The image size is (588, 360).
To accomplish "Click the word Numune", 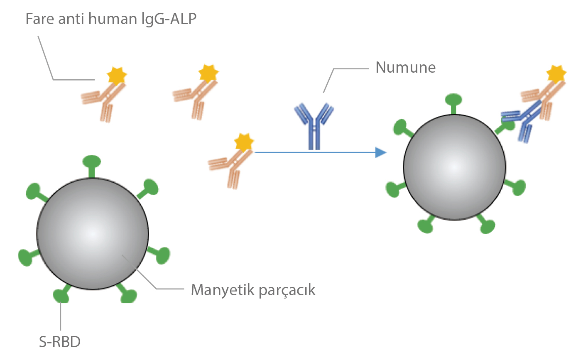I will (405, 67).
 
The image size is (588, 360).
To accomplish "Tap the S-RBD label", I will (60, 342).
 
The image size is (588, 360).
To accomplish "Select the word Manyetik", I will (223, 290).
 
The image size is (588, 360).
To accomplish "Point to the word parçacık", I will (287, 290).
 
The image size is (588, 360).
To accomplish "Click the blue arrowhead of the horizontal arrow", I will (380, 152).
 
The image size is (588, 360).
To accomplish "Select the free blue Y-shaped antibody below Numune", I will (314, 125).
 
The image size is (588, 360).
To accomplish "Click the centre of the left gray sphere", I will (93, 234).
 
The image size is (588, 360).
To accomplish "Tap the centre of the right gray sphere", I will (455, 167).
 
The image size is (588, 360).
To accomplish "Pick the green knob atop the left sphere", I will (91, 161).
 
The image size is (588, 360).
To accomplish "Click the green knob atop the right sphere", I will (453, 100).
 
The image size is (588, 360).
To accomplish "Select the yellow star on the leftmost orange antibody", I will (116, 76).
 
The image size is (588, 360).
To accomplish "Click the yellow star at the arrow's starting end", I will (244, 142).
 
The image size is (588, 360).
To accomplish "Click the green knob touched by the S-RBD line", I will (61, 296).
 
